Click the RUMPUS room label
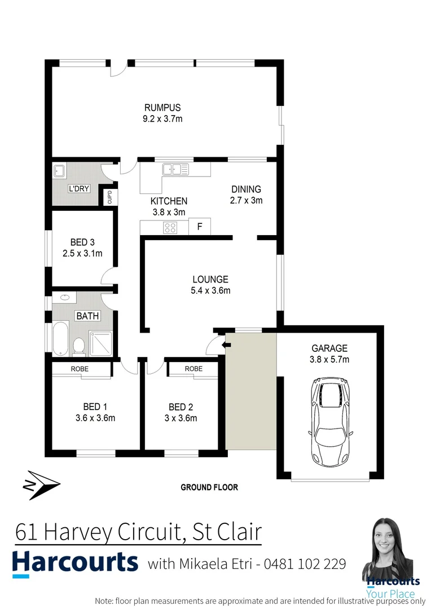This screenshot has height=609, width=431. (x=162, y=108)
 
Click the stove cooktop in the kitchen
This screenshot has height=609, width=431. (x=170, y=227)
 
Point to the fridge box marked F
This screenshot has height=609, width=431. (x=199, y=227)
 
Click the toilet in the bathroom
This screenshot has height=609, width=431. (x=79, y=345)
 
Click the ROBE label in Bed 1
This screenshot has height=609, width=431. (x=79, y=369)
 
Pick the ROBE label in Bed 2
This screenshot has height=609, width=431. (x=193, y=369)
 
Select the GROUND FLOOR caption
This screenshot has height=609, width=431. (x=209, y=487)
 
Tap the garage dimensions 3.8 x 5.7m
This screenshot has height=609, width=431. (x=329, y=359)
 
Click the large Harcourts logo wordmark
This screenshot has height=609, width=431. (x=75, y=563)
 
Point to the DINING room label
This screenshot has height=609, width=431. (x=246, y=189)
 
